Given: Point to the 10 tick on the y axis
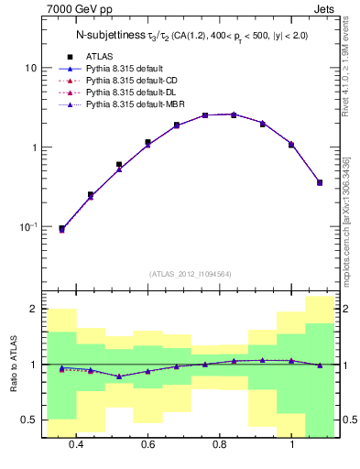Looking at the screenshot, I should [x=30, y=68].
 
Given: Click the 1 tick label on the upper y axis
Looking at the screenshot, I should [x=33, y=147].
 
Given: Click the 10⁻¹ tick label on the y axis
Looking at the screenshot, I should [x=27, y=226].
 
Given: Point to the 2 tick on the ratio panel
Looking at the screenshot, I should [x=33, y=310].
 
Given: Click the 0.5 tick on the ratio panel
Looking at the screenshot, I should [x=29, y=420].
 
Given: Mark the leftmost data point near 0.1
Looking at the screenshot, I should [x=61, y=229].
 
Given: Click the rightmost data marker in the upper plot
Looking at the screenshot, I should [x=320, y=182].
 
